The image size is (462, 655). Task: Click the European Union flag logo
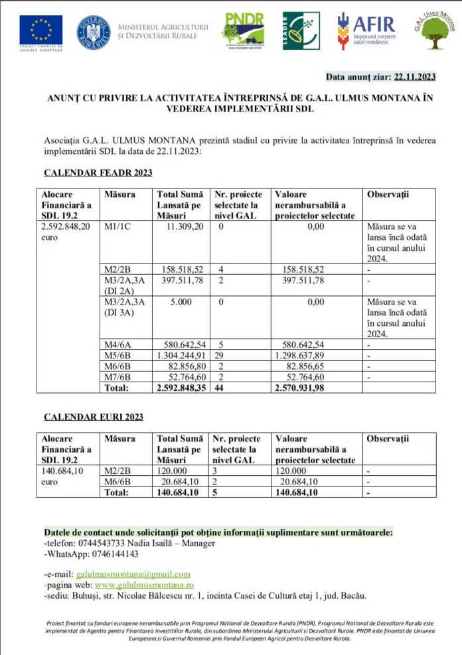pos(40,29)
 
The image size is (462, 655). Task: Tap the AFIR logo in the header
pos(366,31)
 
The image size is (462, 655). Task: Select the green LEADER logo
pos(301,31)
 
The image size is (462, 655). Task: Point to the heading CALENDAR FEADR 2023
pos(98,173)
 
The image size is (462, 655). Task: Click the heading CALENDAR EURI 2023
pos(94,417)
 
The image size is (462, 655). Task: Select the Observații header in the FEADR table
pos(388,194)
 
